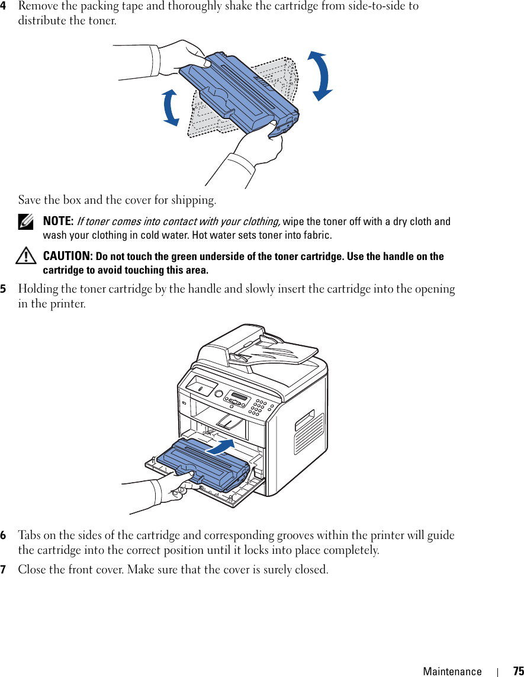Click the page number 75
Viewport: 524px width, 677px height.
pyautogui.click(x=517, y=671)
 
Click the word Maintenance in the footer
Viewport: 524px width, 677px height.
pyautogui.click(x=452, y=671)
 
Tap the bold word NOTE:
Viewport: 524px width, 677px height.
pyautogui.click(x=58, y=222)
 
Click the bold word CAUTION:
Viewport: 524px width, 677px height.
pyautogui.click(x=67, y=256)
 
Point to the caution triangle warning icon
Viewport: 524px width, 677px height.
pyautogui.click(x=26, y=256)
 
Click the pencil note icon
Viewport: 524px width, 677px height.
pyautogui.click(x=25, y=222)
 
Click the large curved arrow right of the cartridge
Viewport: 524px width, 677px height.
pyautogui.click(x=320, y=76)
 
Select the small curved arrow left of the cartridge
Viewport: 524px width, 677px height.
pyautogui.click(x=171, y=108)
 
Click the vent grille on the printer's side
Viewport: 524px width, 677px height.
pyautogui.click(x=308, y=434)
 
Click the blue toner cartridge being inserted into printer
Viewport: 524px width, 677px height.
pyautogui.click(x=205, y=466)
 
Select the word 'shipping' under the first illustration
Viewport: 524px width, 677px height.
pyautogui.click(x=192, y=200)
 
